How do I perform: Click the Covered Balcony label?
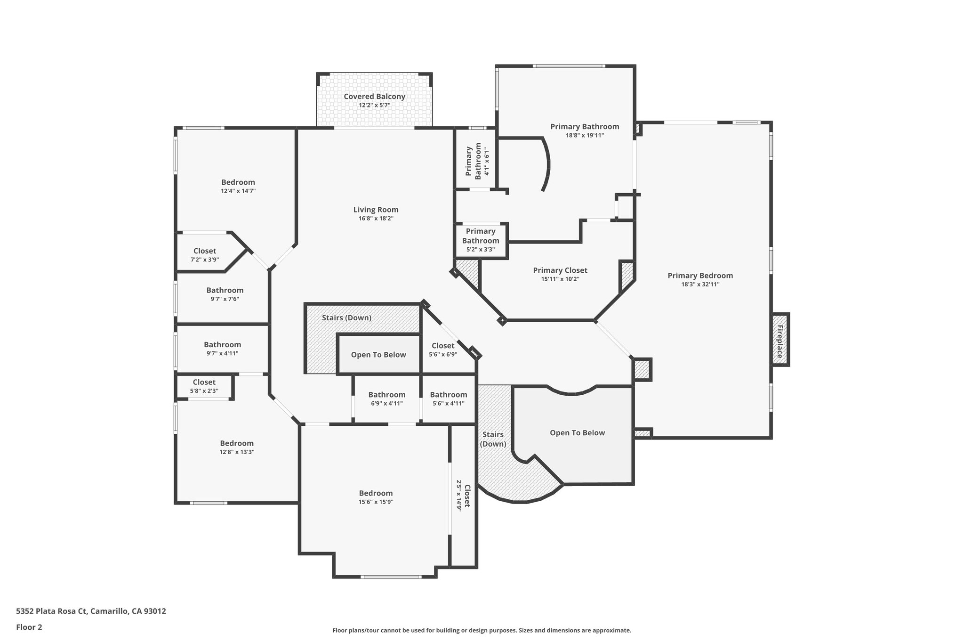coord(374,97)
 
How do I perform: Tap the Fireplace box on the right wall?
coord(779,339)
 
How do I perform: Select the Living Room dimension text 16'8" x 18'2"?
coord(376,219)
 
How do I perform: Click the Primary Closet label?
coord(560,270)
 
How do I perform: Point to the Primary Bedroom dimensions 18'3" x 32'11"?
coord(700,285)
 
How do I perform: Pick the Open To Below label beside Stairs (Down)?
coord(378,355)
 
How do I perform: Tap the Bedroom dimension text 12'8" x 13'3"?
coord(237,452)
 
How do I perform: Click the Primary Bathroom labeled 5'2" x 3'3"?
coord(480,240)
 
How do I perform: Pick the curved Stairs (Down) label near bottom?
coord(493,439)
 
